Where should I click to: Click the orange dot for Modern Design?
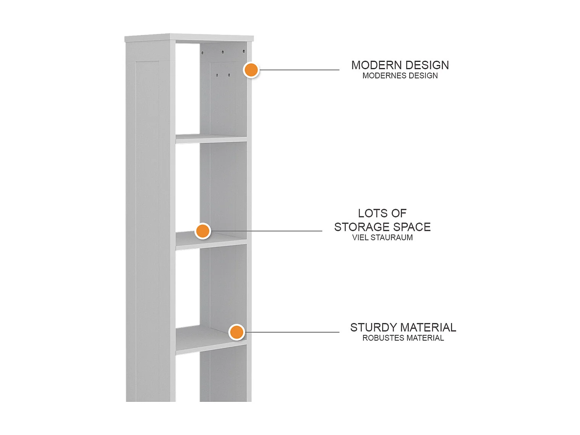pos(251,70)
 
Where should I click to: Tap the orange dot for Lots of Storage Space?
pos(203,231)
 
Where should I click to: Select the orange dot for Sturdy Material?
pos(237,332)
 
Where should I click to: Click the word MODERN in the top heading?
pos(376,65)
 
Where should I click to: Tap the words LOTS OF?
pos(382,213)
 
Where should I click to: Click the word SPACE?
pos(412,227)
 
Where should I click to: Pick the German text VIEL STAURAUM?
pos(382,238)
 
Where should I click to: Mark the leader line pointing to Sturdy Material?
pos(292,332)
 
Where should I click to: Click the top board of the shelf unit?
pos(189,38)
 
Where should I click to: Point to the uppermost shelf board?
pos(211,139)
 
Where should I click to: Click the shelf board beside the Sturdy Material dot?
pos(211,339)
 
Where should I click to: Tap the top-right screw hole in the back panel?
pos(244,51)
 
